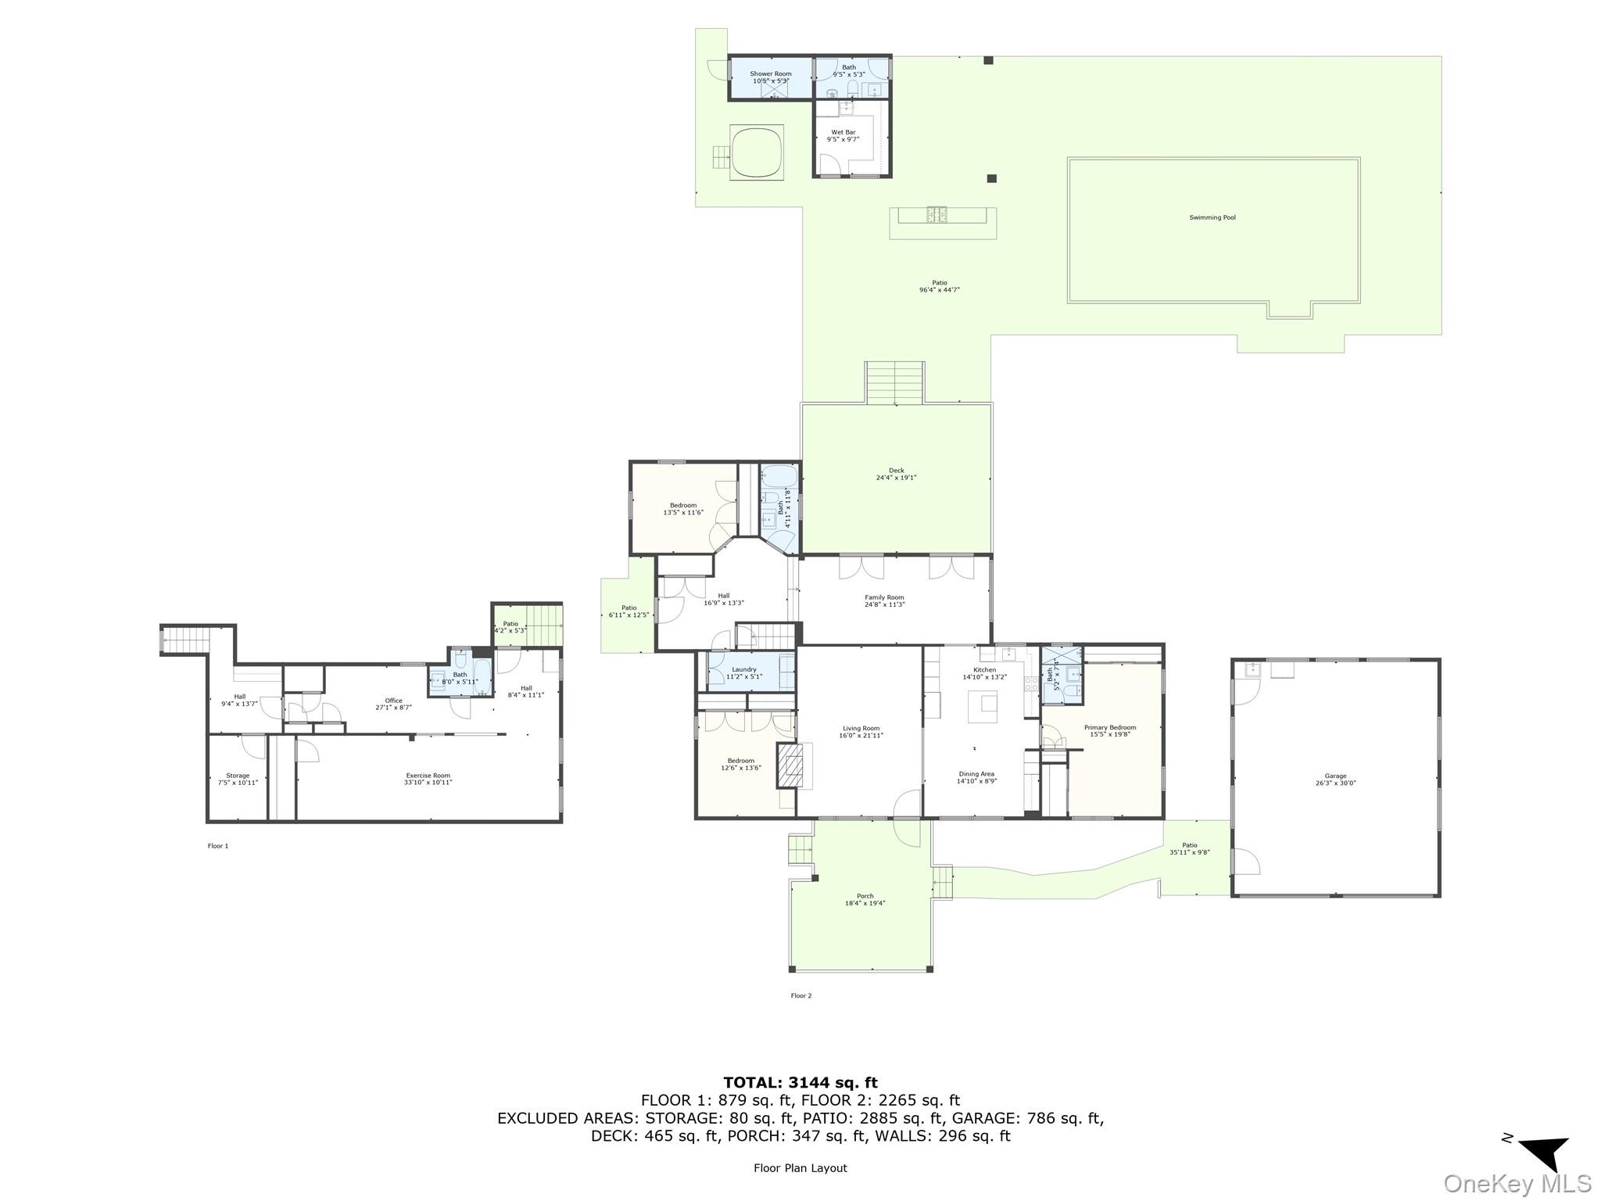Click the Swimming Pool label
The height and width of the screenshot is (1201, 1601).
tap(1212, 217)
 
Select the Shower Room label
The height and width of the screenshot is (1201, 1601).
tap(771, 77)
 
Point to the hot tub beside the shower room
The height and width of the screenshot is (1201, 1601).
tap(758, 153)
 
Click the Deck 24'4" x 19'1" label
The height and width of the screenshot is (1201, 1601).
tap(896, 474)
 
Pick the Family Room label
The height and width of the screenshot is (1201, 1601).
tap(884, 600)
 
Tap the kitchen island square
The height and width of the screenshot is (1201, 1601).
tap(983, 707)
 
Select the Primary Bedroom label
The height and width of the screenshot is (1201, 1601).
tap(1110, 730)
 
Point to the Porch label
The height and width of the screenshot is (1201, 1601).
tap(865, 899)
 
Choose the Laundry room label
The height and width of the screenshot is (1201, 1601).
tap(743, 672)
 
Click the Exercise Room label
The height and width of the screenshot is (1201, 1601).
tap(428, 778)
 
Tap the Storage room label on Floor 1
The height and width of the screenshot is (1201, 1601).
tap(238, 779)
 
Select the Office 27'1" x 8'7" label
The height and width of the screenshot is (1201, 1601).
tap(393, 704)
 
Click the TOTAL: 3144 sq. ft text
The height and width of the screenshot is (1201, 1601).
tap(800, 1082)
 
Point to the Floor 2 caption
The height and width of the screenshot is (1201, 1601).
tap(800, 995)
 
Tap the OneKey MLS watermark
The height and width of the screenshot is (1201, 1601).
tap(1517, 1183)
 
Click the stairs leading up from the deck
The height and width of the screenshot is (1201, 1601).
tap(895, 382)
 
